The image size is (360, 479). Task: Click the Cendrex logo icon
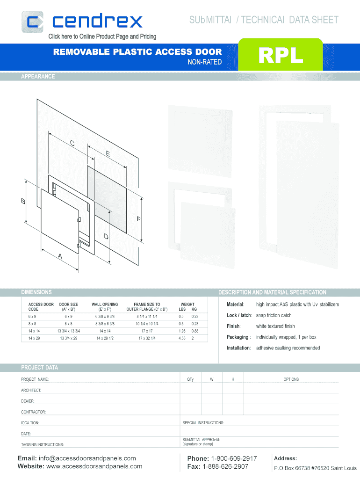click(x=32, y=22)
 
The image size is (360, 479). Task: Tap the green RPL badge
click(x=281, y=55)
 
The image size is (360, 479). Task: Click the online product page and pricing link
click(x=102, y=36)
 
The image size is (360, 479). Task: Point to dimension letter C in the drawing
click(x=72, y=143)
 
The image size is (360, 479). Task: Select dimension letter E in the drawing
click(x=108, y=153)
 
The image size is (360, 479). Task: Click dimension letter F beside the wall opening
click(x=139, y=219)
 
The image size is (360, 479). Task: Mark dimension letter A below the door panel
click(x=60, y=256)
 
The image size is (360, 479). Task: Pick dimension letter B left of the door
click(x=23, y=201)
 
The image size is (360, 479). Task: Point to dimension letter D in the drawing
click(x=106, y=236)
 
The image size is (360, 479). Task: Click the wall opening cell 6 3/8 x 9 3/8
click(x=105, y=317)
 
